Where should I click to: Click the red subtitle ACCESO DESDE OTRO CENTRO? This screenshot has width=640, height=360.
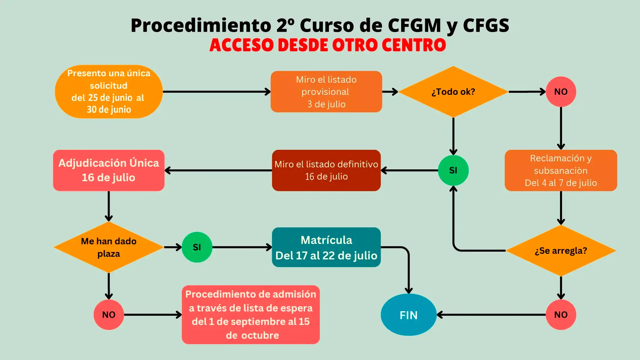[328, 45]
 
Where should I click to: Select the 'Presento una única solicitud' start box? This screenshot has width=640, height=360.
[109, 91]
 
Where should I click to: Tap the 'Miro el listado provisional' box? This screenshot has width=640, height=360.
[326, 91]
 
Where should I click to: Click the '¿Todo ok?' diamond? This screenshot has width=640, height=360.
[453, 91]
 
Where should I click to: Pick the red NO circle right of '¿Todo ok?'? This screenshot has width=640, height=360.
[561, 91]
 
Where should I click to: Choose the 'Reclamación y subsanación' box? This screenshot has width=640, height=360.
[561, 170]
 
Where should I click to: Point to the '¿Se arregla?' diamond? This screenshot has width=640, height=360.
[561, 251]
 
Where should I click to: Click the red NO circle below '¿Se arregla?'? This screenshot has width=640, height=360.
[561, 314]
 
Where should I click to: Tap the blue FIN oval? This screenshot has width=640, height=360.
[409, 314]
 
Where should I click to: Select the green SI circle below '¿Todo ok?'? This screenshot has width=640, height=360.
[453, 170]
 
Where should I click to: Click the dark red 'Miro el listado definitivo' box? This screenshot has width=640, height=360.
[326, 170]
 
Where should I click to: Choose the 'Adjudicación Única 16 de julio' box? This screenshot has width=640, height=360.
[109, 170]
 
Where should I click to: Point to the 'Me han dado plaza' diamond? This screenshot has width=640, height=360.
[109, 247]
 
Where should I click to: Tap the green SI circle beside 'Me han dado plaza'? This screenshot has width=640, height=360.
[197, 247]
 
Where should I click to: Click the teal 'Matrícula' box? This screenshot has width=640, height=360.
[326, 247]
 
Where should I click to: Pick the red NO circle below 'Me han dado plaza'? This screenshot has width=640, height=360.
[109, 314]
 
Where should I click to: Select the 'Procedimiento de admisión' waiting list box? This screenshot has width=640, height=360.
[251, 314]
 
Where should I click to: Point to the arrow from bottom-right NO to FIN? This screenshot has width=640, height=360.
[491, 314]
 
